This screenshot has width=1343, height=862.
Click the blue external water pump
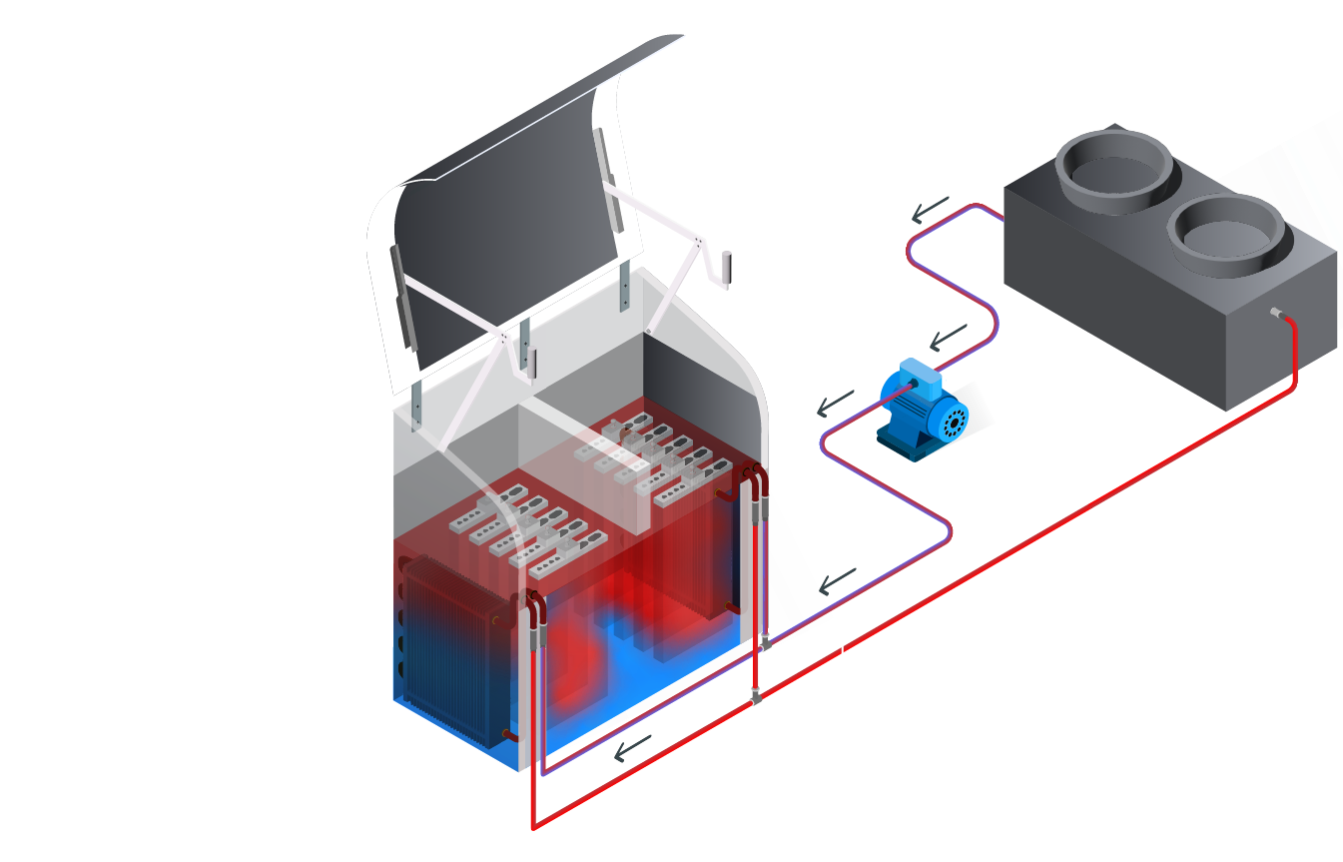coord(919,412)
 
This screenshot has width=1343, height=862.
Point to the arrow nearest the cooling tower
coord(929,210)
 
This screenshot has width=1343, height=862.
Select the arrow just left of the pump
coord(835,405)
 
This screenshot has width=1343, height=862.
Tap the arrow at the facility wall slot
coord(838,578)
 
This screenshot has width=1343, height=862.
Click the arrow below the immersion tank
coord(632,748)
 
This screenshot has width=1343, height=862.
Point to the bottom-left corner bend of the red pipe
coord(532,826)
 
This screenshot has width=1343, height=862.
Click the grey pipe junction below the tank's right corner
coord(756,697)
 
